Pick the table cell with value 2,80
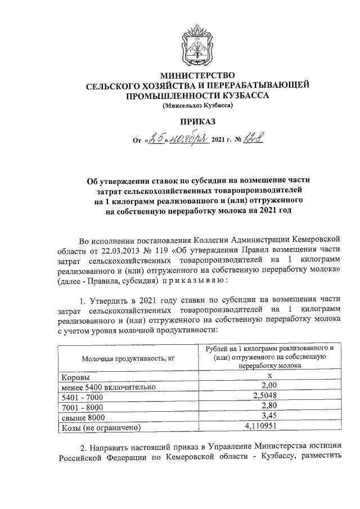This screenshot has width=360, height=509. [x=269, y=405]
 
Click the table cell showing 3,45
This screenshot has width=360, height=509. [x=269, y=416]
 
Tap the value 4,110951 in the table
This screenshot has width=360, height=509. [x=269, y=427]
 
